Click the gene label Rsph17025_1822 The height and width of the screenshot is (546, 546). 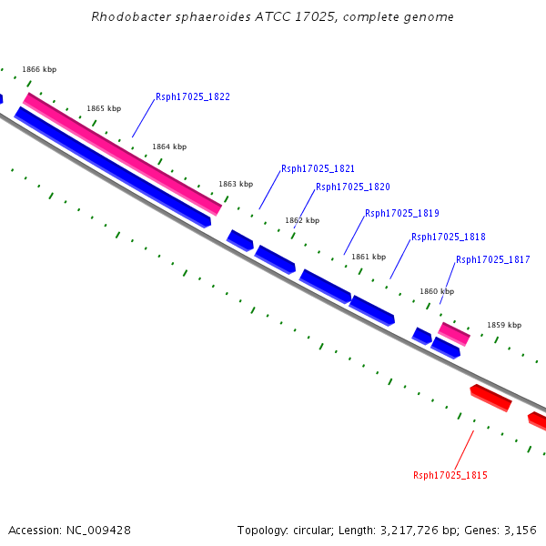point(193,96)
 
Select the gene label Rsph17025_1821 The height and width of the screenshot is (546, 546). point(318,168)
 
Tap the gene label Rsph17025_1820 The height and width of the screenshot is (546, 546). point(353,187)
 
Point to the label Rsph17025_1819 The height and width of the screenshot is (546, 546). point(402,213)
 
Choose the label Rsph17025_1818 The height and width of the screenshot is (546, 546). point(448,237)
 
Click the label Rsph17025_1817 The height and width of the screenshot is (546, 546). point(492,259)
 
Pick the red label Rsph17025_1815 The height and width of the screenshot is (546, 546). point(450,475)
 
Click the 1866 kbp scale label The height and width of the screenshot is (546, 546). point(39,69)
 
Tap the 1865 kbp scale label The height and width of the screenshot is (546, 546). point(104,108)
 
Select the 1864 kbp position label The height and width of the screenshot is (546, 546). point(169,147)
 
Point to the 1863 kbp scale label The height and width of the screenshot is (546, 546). point(236,184)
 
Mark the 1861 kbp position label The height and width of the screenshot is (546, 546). point(369,257)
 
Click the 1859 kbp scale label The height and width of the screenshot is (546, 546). point(504,325)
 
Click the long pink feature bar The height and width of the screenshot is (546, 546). point(123,154)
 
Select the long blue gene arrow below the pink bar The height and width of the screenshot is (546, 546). point(113,167)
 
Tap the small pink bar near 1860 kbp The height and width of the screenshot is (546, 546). point(454,334)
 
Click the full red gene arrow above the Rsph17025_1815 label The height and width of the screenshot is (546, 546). point(491,398)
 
